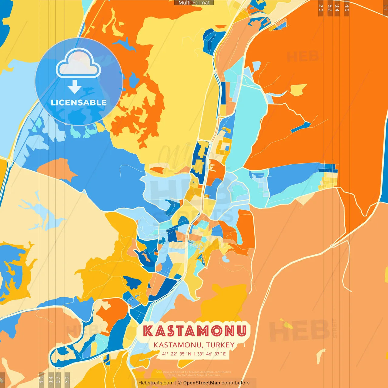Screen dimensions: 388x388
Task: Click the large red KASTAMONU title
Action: coord(194,331)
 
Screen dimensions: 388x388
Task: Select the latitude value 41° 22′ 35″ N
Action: coord(176,354)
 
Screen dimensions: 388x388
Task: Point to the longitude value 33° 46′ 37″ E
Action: coord(211,354)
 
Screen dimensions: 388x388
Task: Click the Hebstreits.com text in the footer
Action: coord(156,383)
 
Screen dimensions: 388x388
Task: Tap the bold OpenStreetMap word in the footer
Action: coord(202,383)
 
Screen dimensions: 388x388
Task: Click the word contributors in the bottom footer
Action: coord(236,383)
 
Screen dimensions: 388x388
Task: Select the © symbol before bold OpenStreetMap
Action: coord(180,383)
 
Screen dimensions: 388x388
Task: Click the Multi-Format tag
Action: coord(194,3)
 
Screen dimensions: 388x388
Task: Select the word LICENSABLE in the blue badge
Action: coord(79,102)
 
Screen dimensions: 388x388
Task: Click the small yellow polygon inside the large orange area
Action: coord(298,89)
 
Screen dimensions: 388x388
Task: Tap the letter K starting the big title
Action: coord(148,331)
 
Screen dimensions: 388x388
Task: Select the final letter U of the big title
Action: coord(241,331)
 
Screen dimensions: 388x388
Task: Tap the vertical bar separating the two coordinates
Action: coord(194,354)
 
